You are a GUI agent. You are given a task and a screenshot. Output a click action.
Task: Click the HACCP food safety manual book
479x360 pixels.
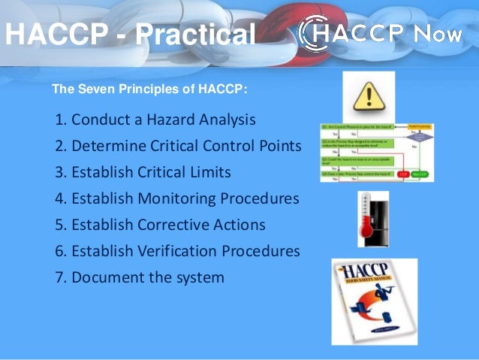pyautogui.click(x=374, y=301)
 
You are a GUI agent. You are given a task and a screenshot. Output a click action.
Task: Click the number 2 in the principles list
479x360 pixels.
pyautogui.click(x=59, y=146)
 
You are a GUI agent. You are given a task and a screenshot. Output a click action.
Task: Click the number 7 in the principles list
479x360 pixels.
pyautogui.click(x=59, y=277)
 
